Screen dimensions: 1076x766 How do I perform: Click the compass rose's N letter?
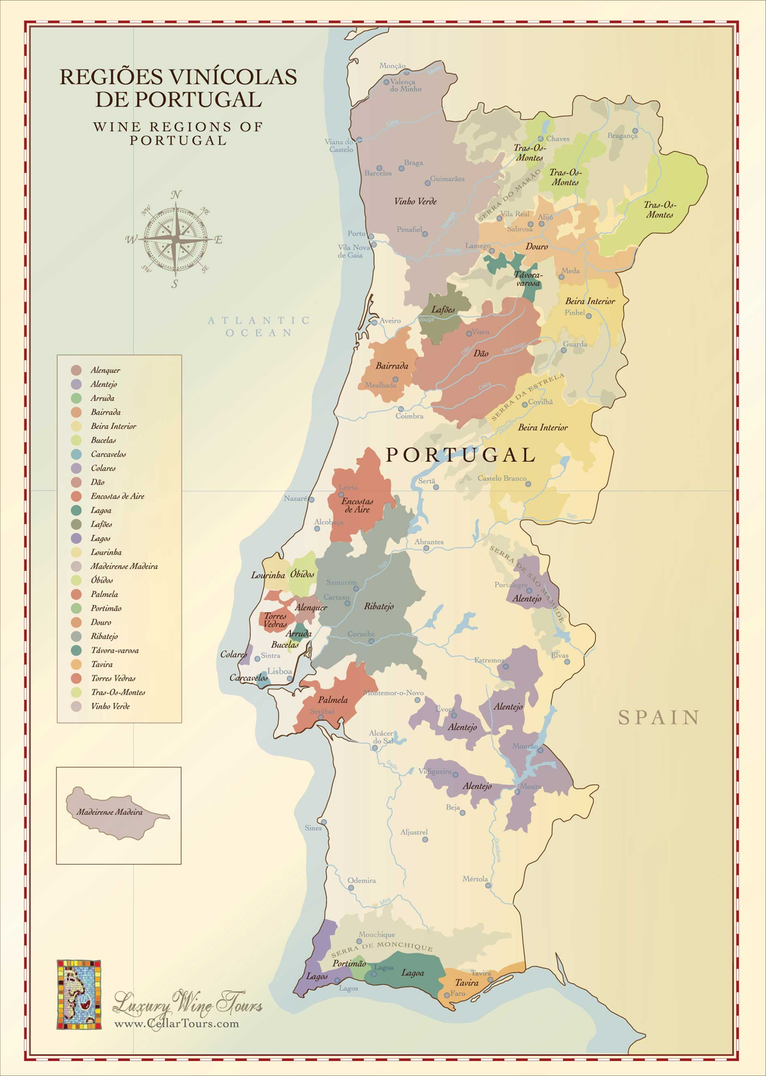176,195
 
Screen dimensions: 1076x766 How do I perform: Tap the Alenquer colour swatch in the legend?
76,370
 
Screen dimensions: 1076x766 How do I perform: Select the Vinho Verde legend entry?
110,706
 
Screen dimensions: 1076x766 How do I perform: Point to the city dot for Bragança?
635,131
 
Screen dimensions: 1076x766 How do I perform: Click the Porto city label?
356,233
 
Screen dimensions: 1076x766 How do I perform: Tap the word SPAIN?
659,718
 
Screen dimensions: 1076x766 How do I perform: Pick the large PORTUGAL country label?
460,455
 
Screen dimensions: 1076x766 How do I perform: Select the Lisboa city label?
279,671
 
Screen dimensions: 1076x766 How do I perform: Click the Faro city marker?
446,995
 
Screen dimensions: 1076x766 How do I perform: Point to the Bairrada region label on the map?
392,366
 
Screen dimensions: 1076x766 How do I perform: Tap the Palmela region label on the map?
333,700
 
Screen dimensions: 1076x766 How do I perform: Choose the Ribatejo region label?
379,606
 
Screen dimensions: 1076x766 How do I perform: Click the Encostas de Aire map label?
357,505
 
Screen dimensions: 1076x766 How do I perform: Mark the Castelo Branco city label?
502,478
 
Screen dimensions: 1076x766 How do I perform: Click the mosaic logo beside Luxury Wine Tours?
79,994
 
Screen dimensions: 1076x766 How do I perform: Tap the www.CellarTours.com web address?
177,1024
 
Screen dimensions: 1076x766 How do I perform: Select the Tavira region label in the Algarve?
467,983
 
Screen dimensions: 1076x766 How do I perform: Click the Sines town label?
313,828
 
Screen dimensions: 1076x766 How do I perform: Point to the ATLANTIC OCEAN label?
259,326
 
